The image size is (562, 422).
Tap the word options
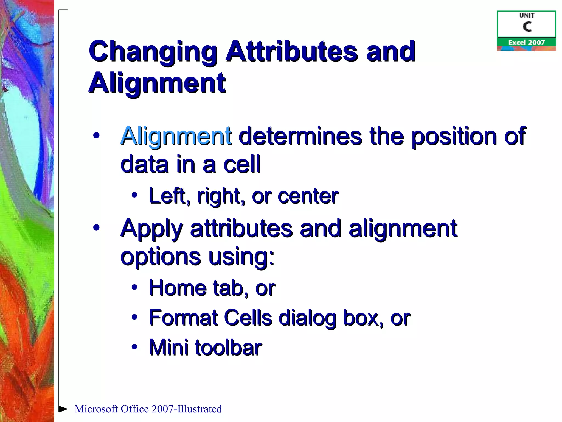(x=161, y=257)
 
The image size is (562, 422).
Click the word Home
(x=177, y=288)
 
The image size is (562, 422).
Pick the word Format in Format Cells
(x=183, y=318)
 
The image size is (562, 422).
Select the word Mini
(x=168, y=348)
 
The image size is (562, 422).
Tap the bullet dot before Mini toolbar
(x=134, y=347)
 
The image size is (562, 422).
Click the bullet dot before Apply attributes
(x=96, y=227)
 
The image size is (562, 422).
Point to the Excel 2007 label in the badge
(x=526, y=42)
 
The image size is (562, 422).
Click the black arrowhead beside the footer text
(x=63, y=409)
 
